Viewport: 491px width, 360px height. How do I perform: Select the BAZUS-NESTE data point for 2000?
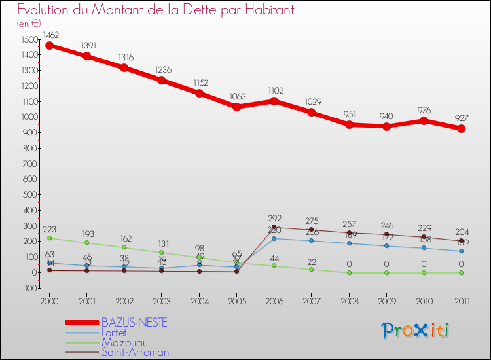(x=49, y=46)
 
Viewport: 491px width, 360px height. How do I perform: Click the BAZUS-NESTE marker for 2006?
(x=274, y=101)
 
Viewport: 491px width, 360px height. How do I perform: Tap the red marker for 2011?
(x=461, y=128)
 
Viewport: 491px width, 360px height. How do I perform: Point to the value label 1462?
(x=50, y=35)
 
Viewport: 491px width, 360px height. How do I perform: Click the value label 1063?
(x=237, y=96)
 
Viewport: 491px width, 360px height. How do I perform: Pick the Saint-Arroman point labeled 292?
(x=274, y=227)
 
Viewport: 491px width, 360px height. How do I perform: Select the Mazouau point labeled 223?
(x=49, y=238)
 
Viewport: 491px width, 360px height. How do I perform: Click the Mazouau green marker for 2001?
(x=86, y=243)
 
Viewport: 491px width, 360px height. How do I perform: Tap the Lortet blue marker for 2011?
(x=461, y=251)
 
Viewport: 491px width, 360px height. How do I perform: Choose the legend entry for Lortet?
(x=114, y=333)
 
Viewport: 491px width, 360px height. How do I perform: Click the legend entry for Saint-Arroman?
(x=134, y=352)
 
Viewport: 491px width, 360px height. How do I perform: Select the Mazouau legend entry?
(x=124, y=342)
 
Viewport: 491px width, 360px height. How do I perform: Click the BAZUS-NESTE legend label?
(x=134, y=323)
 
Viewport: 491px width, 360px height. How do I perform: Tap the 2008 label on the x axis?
(x=349, y=300)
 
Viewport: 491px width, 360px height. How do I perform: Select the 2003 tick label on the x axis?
(x=162, y=300)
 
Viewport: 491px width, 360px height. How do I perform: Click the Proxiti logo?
(x=416, y=331)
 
